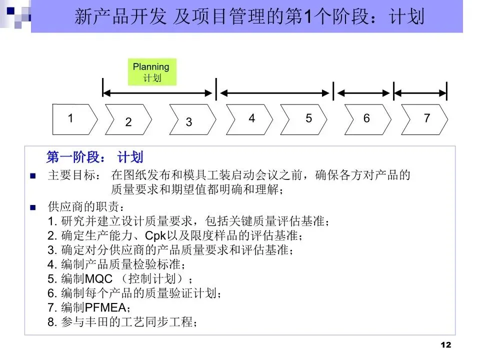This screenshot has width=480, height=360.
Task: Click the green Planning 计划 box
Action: (151, 72)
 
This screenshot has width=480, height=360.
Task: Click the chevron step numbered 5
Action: (305, 119)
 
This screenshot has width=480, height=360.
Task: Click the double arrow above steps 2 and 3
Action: (157, 92)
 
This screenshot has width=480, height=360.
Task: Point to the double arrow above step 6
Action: (363, 92)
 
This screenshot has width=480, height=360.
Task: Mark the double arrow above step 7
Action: (420, 92)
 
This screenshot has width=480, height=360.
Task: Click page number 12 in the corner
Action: (446, 345)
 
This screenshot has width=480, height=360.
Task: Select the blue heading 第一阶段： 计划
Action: (94, 157)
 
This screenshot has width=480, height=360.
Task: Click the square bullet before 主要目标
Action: (33, 176)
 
